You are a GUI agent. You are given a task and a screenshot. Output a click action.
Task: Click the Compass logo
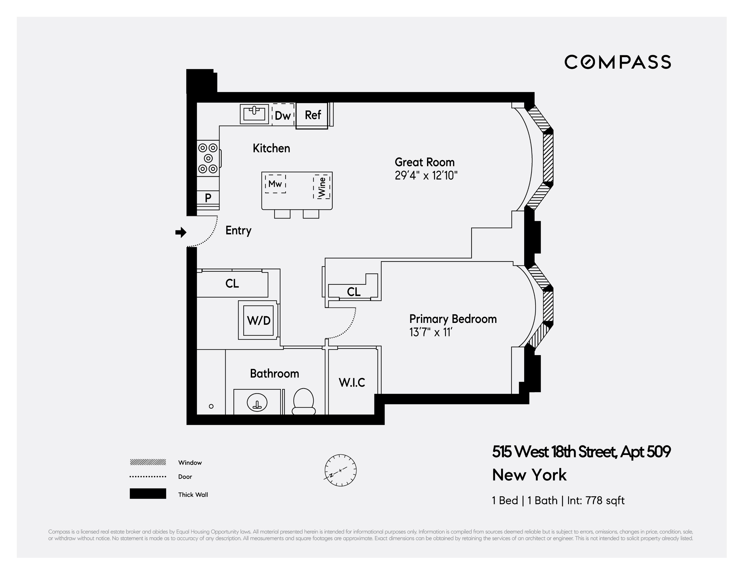[x=617, y=62]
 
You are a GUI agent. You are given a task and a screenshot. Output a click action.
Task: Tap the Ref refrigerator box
[x=312, y=115]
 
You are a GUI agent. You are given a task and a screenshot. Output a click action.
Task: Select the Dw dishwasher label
[x=283, y=116]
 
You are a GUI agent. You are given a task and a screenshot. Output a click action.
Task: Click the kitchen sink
[x=254, y=114]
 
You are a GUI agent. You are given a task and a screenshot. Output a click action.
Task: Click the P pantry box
[x=208, y=197]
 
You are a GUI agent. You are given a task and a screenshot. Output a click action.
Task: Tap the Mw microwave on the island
[x=275, y=184]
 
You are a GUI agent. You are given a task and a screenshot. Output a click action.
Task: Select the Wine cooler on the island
[x=322, y=187]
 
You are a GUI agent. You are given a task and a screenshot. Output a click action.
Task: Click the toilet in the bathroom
[x=303, y=401]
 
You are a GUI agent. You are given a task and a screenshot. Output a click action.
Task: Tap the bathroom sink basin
[x=257, y=403]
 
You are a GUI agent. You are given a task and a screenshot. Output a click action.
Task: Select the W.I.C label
[x=352, y=383]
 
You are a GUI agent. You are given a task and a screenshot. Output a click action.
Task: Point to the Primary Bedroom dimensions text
[x=430, y=332]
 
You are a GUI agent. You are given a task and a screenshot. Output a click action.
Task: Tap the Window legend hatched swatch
[x=148, y=462]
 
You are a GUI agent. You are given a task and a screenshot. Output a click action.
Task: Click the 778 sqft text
[x=605, y=500]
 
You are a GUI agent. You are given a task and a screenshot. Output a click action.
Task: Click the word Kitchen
[x=271, y=148]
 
